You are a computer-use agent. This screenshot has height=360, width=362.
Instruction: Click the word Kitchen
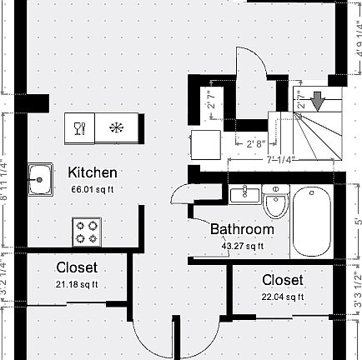coord(93,172)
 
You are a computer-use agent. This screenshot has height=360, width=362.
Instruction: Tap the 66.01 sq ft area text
coord(93,189)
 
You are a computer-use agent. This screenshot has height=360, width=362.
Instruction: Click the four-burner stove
coord(87,230)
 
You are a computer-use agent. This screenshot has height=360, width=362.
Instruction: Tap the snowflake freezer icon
coord(116,128)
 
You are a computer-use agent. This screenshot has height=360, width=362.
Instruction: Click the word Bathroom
coord(242,229)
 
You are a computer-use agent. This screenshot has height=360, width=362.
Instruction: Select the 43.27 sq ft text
coord(242,246)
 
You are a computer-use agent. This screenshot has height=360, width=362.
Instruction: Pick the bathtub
coord(312,222)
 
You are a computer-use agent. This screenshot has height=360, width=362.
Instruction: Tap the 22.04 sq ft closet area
coord(283,297)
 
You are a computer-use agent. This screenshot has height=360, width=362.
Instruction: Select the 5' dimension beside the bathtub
coord(357,219)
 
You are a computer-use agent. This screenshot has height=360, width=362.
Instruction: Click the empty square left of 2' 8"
coord(205,144)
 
